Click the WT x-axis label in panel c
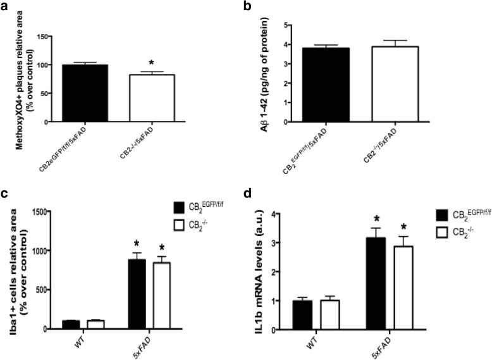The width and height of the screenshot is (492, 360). pyautogui.click(x=83, y=342)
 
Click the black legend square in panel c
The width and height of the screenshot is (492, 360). pyautogui.click(x=180, y=207)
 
